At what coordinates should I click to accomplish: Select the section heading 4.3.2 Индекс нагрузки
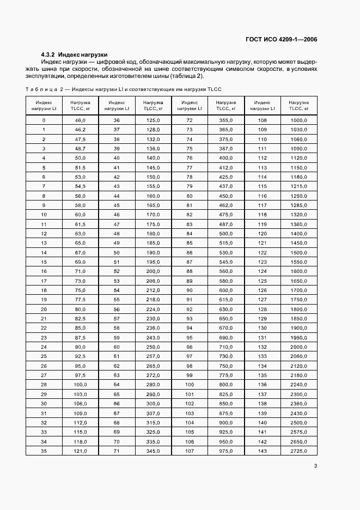74,54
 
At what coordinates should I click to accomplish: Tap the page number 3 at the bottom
315,465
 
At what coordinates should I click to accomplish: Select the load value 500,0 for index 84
225,233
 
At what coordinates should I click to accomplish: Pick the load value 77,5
80,299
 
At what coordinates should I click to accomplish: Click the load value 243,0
152,337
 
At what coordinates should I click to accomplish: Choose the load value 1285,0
298,205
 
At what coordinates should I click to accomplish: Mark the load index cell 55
116,299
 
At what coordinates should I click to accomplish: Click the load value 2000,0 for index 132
298,347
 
